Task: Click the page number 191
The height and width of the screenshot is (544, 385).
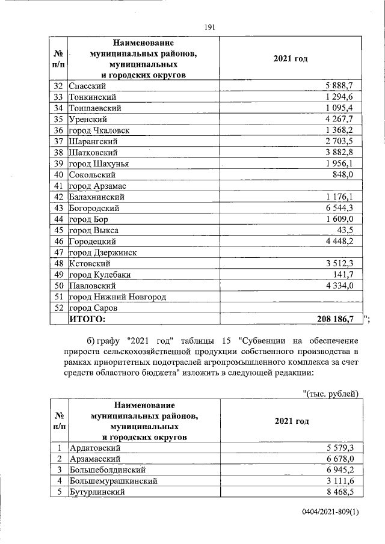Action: click(x=210, y=27)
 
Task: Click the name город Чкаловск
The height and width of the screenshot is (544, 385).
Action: click(x=99, y=130)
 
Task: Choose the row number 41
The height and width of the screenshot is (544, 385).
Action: click(x=58, y=186)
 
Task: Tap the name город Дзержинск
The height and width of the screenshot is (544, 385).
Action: click(x=103, y=252)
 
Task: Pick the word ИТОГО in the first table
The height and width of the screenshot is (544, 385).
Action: click(x=87, y=319)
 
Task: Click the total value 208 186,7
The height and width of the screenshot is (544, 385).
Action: click(x=339, y=319)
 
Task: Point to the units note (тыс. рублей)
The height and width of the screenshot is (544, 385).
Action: click(x=331, y=394)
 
